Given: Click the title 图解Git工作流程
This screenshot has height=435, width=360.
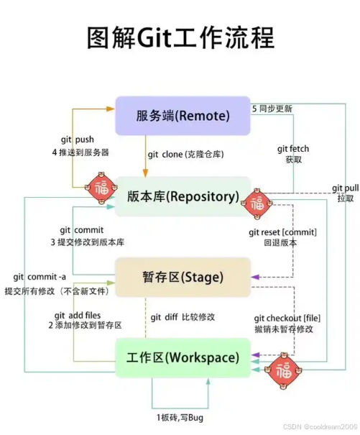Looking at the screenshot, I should [x=180, y=37].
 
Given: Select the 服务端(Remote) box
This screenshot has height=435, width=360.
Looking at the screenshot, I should [x=183, y=116].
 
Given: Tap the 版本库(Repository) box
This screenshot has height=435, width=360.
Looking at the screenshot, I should [x=183, y=196].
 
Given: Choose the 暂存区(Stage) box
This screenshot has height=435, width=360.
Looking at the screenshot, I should [x=183, y=277].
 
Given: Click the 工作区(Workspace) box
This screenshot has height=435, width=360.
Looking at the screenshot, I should [x=183, y=357].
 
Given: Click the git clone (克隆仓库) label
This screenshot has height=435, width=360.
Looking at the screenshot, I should [x=186, y=155].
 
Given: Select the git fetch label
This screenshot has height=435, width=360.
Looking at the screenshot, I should [x=294, y=149].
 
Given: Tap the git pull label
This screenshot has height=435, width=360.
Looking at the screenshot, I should [x=344, y=188].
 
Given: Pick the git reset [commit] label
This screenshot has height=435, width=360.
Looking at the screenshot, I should [x=282, y=232].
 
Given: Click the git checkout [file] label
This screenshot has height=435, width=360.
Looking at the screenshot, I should [x=285, y=318].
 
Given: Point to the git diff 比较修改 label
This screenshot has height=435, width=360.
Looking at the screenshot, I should [x=183, y=317].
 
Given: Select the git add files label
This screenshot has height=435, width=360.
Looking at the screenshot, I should [x=78, y=315].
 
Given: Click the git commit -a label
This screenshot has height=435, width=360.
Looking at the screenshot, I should [x=40, y=278].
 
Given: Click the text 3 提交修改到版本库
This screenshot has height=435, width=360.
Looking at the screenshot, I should [x=80, y=242].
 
